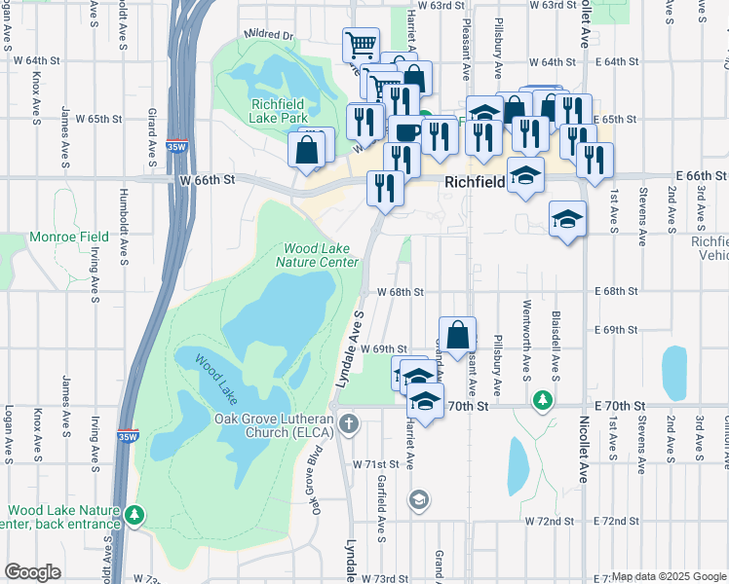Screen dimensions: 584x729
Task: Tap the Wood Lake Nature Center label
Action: click(x=318, y=255)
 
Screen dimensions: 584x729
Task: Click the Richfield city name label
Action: click(x=475, y=182)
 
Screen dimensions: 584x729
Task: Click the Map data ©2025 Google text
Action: click(x=669, y=576)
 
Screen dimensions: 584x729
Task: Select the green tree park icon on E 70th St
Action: click(x=542, y=400)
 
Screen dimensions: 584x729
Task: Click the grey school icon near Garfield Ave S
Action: click(x=418, y=500)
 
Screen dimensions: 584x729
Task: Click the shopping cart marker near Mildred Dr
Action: click(x=361, y=44)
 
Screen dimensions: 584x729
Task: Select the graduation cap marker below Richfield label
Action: click(x=526, y=176)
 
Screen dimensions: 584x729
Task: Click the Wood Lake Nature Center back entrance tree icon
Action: click(x=135, y=514)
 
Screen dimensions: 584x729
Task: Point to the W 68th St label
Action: click(x=403, y=291)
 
